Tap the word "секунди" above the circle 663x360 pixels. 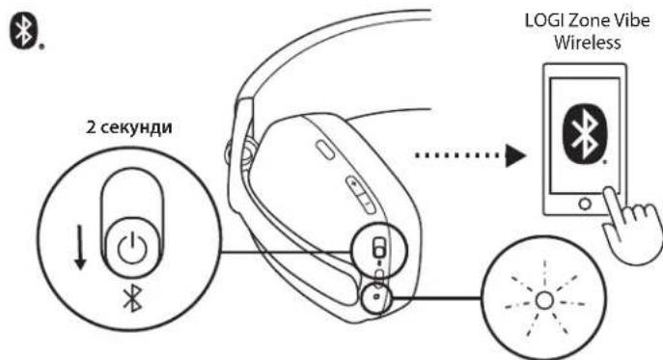point(136,126)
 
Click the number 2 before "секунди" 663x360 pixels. point(91,126)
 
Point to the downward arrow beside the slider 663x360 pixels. point(80,247)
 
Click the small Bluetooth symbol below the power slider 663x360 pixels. point(132,298)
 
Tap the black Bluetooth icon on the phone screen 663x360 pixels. point(585,134)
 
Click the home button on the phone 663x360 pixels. point(585,204)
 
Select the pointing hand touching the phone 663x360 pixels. point(630,224)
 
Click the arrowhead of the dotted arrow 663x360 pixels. point(516,155)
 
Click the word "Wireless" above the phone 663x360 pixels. point(588,42)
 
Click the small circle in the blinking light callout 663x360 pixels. point(544,300)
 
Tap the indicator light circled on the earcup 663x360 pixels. point(376,296)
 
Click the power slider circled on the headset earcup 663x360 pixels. point(379,247)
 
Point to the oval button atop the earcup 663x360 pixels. point(324,151)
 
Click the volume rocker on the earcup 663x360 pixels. point(361,195)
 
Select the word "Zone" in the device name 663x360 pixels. point(588,20)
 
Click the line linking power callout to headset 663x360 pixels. point(287,252)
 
